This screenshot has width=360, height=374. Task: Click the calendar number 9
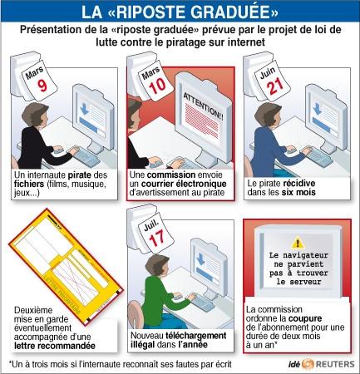pos(42,86)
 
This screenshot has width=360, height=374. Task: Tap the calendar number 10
pos(157,86)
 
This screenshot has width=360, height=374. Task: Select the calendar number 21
pos(275,86)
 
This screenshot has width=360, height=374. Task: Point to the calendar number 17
pos(157,239)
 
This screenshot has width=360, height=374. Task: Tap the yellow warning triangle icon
pos(298,243)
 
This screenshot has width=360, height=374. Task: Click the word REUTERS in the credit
pos(335,364)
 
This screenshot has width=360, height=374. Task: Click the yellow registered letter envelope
pos(66,266)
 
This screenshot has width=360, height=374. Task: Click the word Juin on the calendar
pos(268,72)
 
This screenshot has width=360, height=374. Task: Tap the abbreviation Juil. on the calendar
pos(151,225)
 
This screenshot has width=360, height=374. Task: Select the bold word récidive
pos(298,184)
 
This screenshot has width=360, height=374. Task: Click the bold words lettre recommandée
pos(55,346)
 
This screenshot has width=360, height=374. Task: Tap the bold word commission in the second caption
pos(171,175)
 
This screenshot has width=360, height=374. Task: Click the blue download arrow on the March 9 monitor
pos(84,110)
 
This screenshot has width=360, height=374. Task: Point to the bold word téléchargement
pos(196,336)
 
